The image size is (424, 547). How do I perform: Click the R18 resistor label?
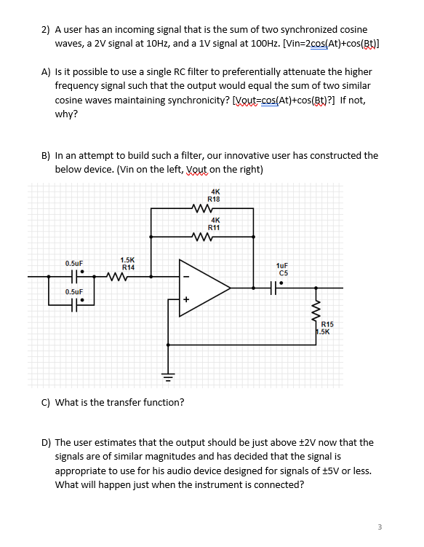215,199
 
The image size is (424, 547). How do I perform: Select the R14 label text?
127,267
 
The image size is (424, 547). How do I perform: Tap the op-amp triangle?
203,288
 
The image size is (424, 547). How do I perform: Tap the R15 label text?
327,324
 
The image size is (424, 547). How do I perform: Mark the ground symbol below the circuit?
168,378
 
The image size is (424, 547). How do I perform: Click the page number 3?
380,526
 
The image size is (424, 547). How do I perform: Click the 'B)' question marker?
46,155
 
